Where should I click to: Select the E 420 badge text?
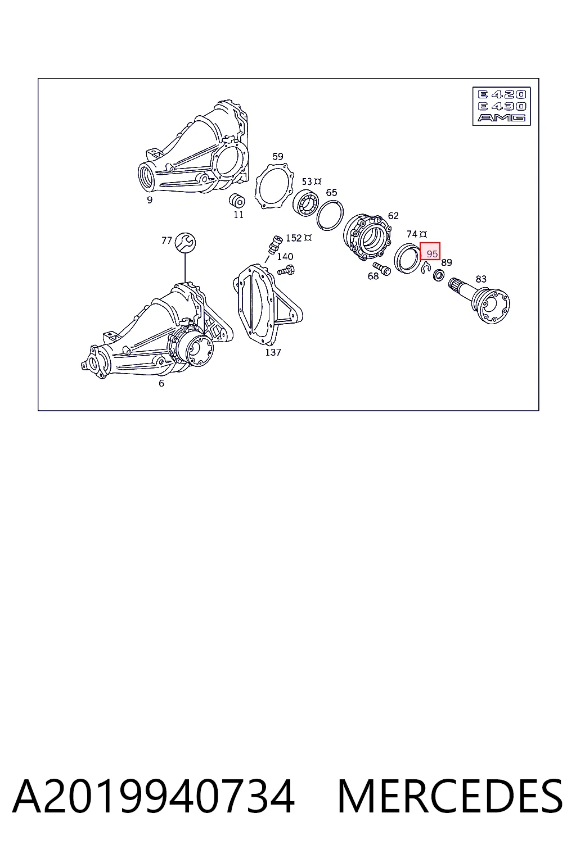(502, 94)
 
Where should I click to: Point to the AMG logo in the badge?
(502, 118)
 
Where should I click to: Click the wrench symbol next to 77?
(185, 243)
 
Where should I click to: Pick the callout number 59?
(278, 156)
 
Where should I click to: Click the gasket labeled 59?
(274, 186)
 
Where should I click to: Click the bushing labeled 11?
(236, 201)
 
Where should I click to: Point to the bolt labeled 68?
(382, 269)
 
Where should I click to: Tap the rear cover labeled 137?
(268, 305)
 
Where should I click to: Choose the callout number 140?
(285, 257)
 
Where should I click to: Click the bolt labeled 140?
(286, 270)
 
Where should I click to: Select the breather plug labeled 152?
(275, 244)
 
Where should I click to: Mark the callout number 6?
(161, 383)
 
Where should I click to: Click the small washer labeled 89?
(439, 275)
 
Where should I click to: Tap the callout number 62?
(393, 216)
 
